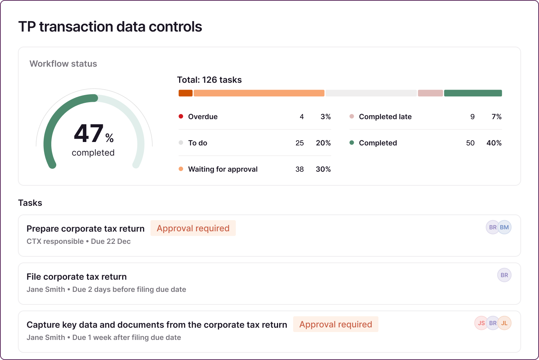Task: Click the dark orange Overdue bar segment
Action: tap(186, 93)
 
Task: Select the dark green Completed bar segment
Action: tap(473, 93)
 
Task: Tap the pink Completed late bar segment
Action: tap(430, 93)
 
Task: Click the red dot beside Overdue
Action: tap(181, 117)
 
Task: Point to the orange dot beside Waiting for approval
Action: tap(181, 169)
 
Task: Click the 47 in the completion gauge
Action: tap(89, 134)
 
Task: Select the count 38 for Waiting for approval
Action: tap(300, 169)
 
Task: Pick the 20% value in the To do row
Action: tap(323, 143)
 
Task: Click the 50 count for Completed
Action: tap(470, 143)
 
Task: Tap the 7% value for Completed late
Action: tap(496, 117)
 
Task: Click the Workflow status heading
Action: tap(63, 64)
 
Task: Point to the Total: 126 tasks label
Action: tap(209, 80)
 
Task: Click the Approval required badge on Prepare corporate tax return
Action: tap(193, 228)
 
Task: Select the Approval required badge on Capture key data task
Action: tap(336, 325)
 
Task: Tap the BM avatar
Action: tap(505, 227)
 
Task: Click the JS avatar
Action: tap(481, 323)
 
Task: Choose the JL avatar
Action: tap(505, 323)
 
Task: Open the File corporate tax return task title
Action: tap(77, 277)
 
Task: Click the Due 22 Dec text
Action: tap(111, 242)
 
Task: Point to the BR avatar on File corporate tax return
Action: tap(504, 275)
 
